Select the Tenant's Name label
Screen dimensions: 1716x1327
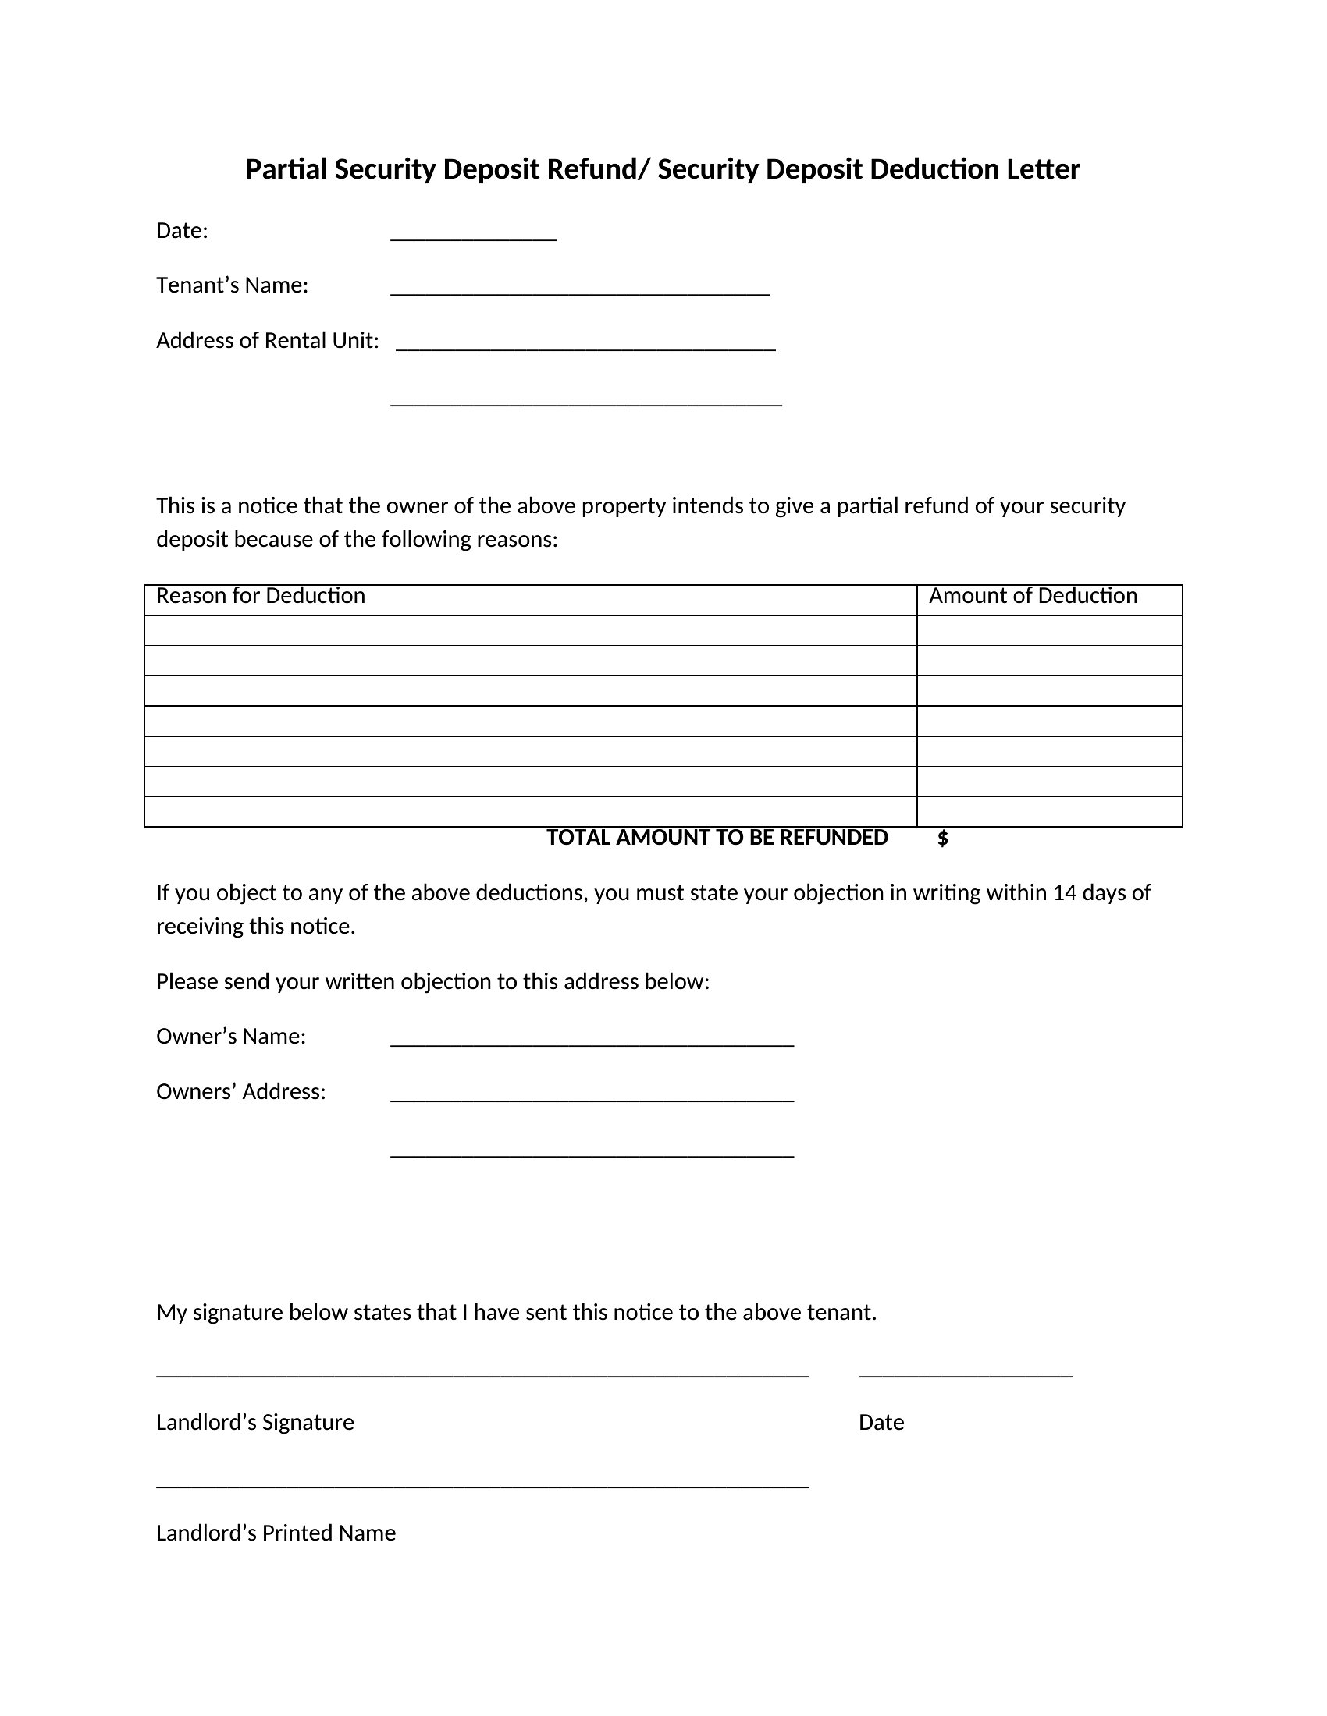point(232,285)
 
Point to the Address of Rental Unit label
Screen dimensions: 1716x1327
point(267,340)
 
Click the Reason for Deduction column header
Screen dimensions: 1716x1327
point(261,596)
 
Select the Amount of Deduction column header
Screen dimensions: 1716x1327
point(1033,596)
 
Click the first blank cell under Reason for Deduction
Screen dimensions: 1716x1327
point(531,630)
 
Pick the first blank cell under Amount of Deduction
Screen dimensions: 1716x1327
point(1049,630)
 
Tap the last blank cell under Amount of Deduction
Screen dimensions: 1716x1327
point(1049,812)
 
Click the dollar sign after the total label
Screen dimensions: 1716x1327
point(943,838)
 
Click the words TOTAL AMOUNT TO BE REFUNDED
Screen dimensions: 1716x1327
point(717,838)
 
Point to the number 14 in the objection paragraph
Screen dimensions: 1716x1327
point(1064,892)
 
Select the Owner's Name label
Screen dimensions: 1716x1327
point(231,1037)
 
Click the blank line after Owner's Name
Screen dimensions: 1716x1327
point(592,1042)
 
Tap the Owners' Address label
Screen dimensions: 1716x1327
point(240,1091)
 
